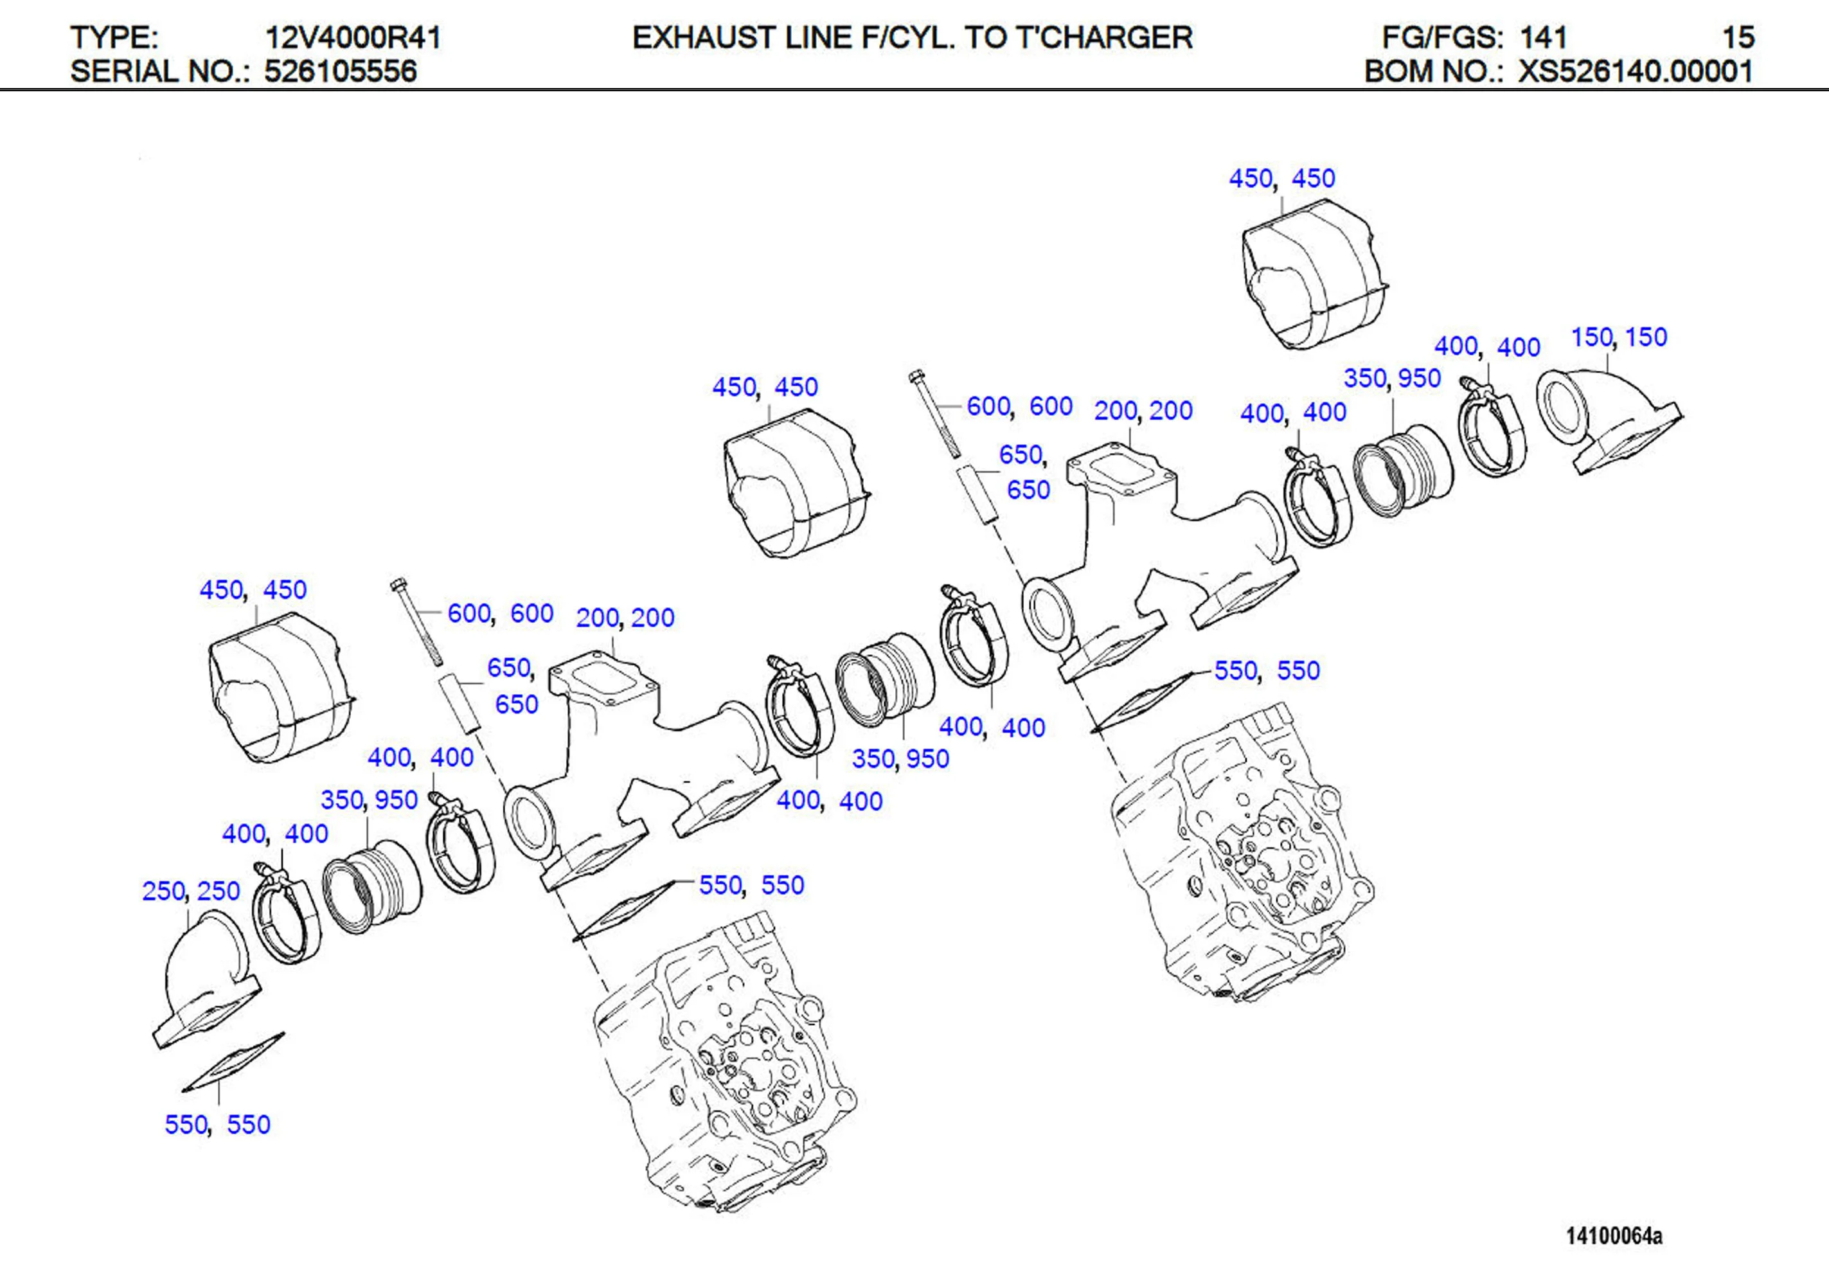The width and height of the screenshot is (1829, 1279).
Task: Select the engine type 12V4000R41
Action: pos(352,37)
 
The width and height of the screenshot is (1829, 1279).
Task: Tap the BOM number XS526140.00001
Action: pos(1635,72)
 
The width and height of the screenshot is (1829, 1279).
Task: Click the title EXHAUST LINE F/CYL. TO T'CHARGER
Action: pos(912,37)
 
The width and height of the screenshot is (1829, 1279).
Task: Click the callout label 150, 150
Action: pos(1618,337)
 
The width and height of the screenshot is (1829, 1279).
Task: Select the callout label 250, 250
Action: pos(190,890)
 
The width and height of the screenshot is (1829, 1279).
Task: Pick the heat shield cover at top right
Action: pos(1310,275)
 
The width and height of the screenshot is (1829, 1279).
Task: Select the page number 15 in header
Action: pos(1737,37)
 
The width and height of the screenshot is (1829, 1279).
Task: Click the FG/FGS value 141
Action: pos(1543,37)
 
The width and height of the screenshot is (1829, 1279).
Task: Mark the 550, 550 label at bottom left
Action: pos(217,1124)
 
